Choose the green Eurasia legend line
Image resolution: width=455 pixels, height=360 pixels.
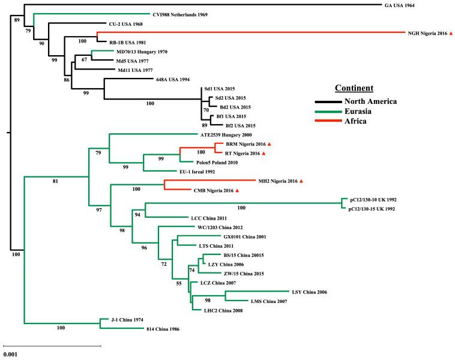click(331, 111)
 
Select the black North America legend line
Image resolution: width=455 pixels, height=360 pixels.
click(331, 101)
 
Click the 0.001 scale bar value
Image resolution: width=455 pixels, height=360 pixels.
click(11, 354)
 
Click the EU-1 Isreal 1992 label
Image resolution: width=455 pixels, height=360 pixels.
click(184, 172)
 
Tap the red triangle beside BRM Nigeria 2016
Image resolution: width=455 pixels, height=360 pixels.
click(270, 145)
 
